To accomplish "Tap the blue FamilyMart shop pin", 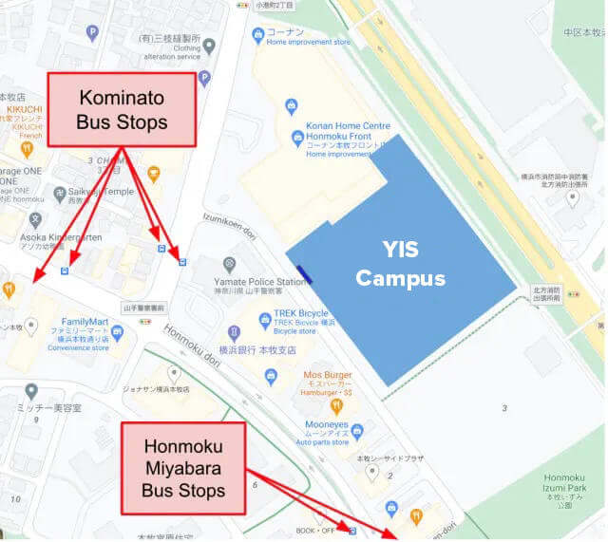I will tap(117, 332).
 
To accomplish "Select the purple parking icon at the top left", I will tap(92, 33).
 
